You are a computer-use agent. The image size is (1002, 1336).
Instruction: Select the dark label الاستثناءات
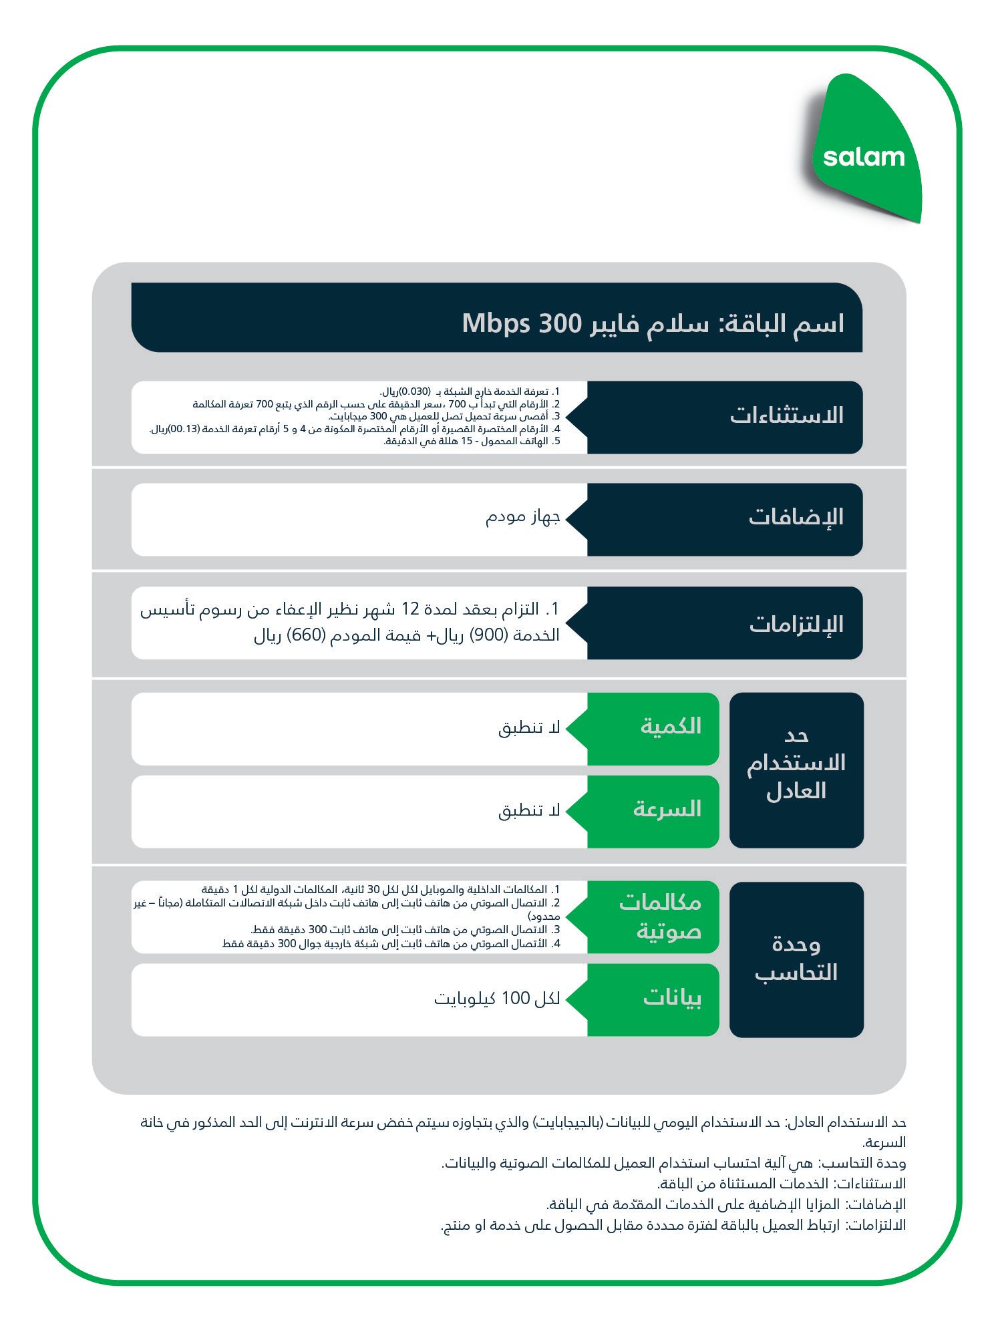click(786, 415)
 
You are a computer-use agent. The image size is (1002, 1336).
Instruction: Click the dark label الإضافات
click(796, 518)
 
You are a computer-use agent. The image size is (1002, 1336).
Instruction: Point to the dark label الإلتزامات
click(796, 625)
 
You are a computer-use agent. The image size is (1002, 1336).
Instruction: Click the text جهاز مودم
click(522, 517)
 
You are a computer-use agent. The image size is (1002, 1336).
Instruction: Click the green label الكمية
click(671, 727)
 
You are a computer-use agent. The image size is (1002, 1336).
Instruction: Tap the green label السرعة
click(667, 810)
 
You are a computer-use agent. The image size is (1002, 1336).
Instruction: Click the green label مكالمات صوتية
click(660, 916)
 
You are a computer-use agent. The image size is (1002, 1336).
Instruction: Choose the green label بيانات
click(671, 999)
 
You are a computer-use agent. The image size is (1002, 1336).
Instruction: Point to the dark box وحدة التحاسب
click(796, 959)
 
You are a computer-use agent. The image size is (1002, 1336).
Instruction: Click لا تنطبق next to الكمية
click(529, 728)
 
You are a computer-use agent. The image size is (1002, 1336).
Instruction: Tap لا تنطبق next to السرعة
click(529, 811)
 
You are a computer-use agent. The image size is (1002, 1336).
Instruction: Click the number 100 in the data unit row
click(515, 999)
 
